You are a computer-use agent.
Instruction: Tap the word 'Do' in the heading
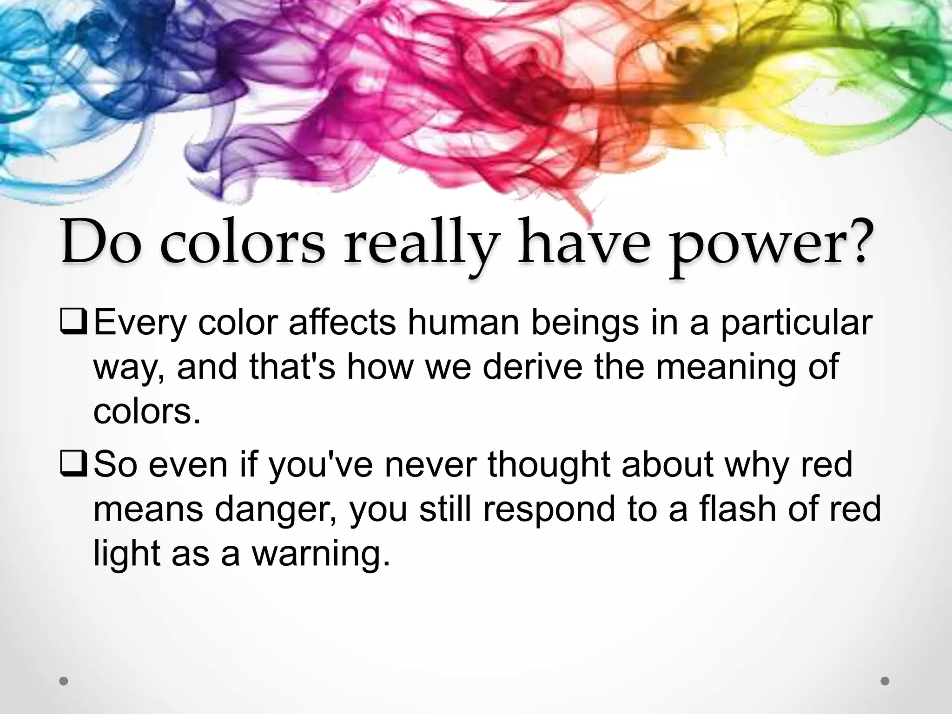101,244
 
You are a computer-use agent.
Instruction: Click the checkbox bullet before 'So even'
73,465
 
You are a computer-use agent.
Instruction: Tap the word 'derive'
532,367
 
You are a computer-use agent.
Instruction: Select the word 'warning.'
321,554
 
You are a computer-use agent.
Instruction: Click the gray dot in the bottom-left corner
64,681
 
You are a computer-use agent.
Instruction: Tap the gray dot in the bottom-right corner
885,681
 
